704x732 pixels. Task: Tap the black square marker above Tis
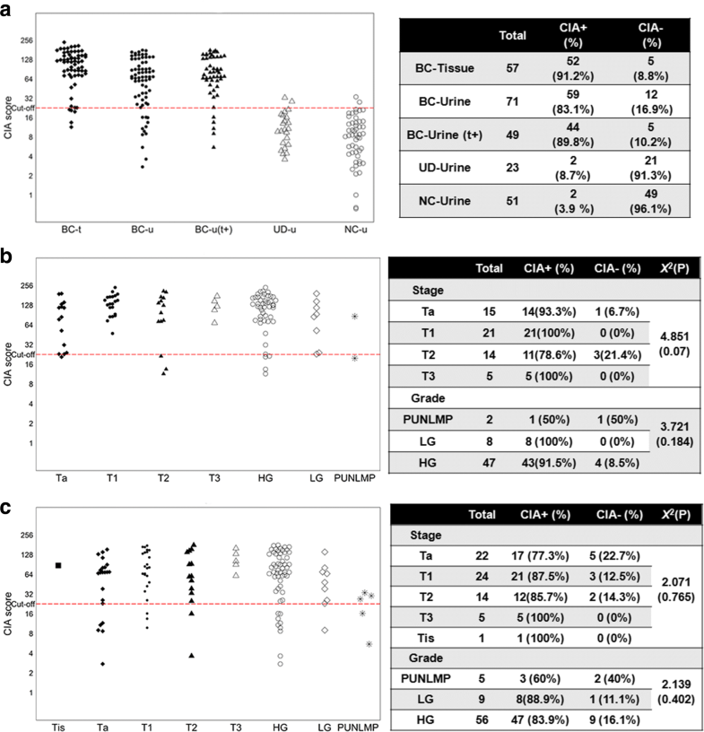point(58,565)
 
